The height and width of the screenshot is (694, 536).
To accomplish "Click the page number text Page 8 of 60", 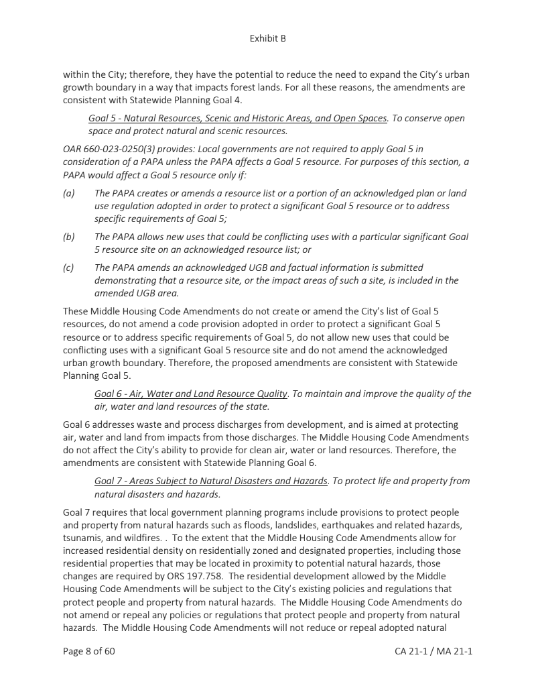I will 89,650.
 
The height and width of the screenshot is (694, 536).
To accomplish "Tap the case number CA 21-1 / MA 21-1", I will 433,650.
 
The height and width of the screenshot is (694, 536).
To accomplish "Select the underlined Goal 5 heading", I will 238,119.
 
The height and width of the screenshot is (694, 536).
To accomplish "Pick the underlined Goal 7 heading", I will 211,481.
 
